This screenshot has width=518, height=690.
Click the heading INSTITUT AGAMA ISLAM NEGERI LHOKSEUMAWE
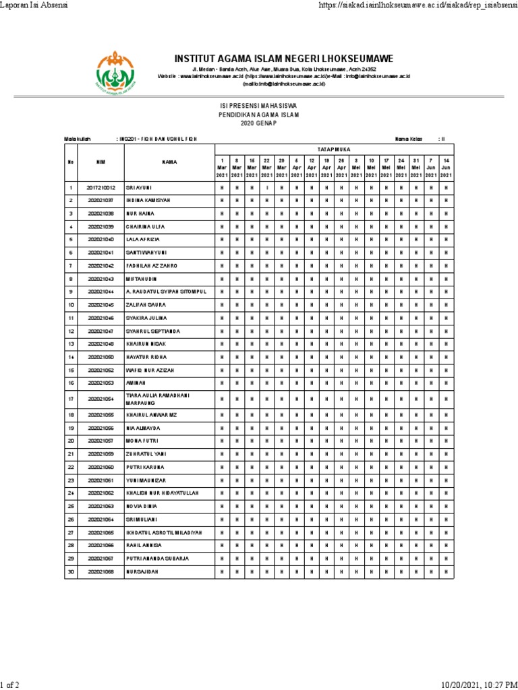coord(283,59)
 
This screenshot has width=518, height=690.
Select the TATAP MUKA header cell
coord(334,149)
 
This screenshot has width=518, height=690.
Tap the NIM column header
coord(101,162)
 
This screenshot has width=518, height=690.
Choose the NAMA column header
coord(169,162)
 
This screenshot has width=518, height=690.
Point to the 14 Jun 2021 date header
coord(446,168)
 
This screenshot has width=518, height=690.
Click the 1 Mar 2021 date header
coord(222,168)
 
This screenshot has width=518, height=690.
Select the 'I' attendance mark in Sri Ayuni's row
coord(267,188)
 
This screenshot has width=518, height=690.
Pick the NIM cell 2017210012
coord(101,188)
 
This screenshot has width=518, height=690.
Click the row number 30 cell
coord(70,571)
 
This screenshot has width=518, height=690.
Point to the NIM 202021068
coord(101,571)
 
